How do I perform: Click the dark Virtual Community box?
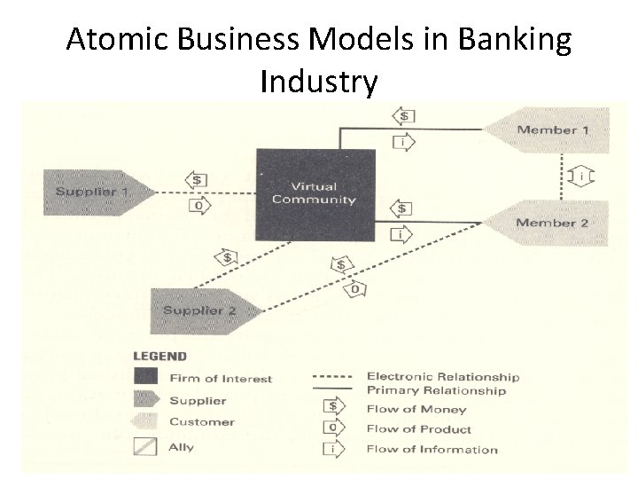click(315, 193)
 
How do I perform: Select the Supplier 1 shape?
click(94, 192)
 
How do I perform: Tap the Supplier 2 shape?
click(200, 310)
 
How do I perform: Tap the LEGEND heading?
click(159, 357)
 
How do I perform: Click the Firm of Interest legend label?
click(221, 379)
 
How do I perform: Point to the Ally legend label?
click(182, 446)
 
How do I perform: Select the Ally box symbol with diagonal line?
click(144, 446)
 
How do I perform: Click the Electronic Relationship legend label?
click(442, 377)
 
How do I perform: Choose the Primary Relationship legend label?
click(436, 390)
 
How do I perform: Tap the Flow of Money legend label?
click(416, 409)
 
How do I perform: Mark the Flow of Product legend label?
click(420, 428)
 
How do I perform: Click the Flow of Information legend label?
click(432, 449)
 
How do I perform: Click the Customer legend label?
click(202, 422)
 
